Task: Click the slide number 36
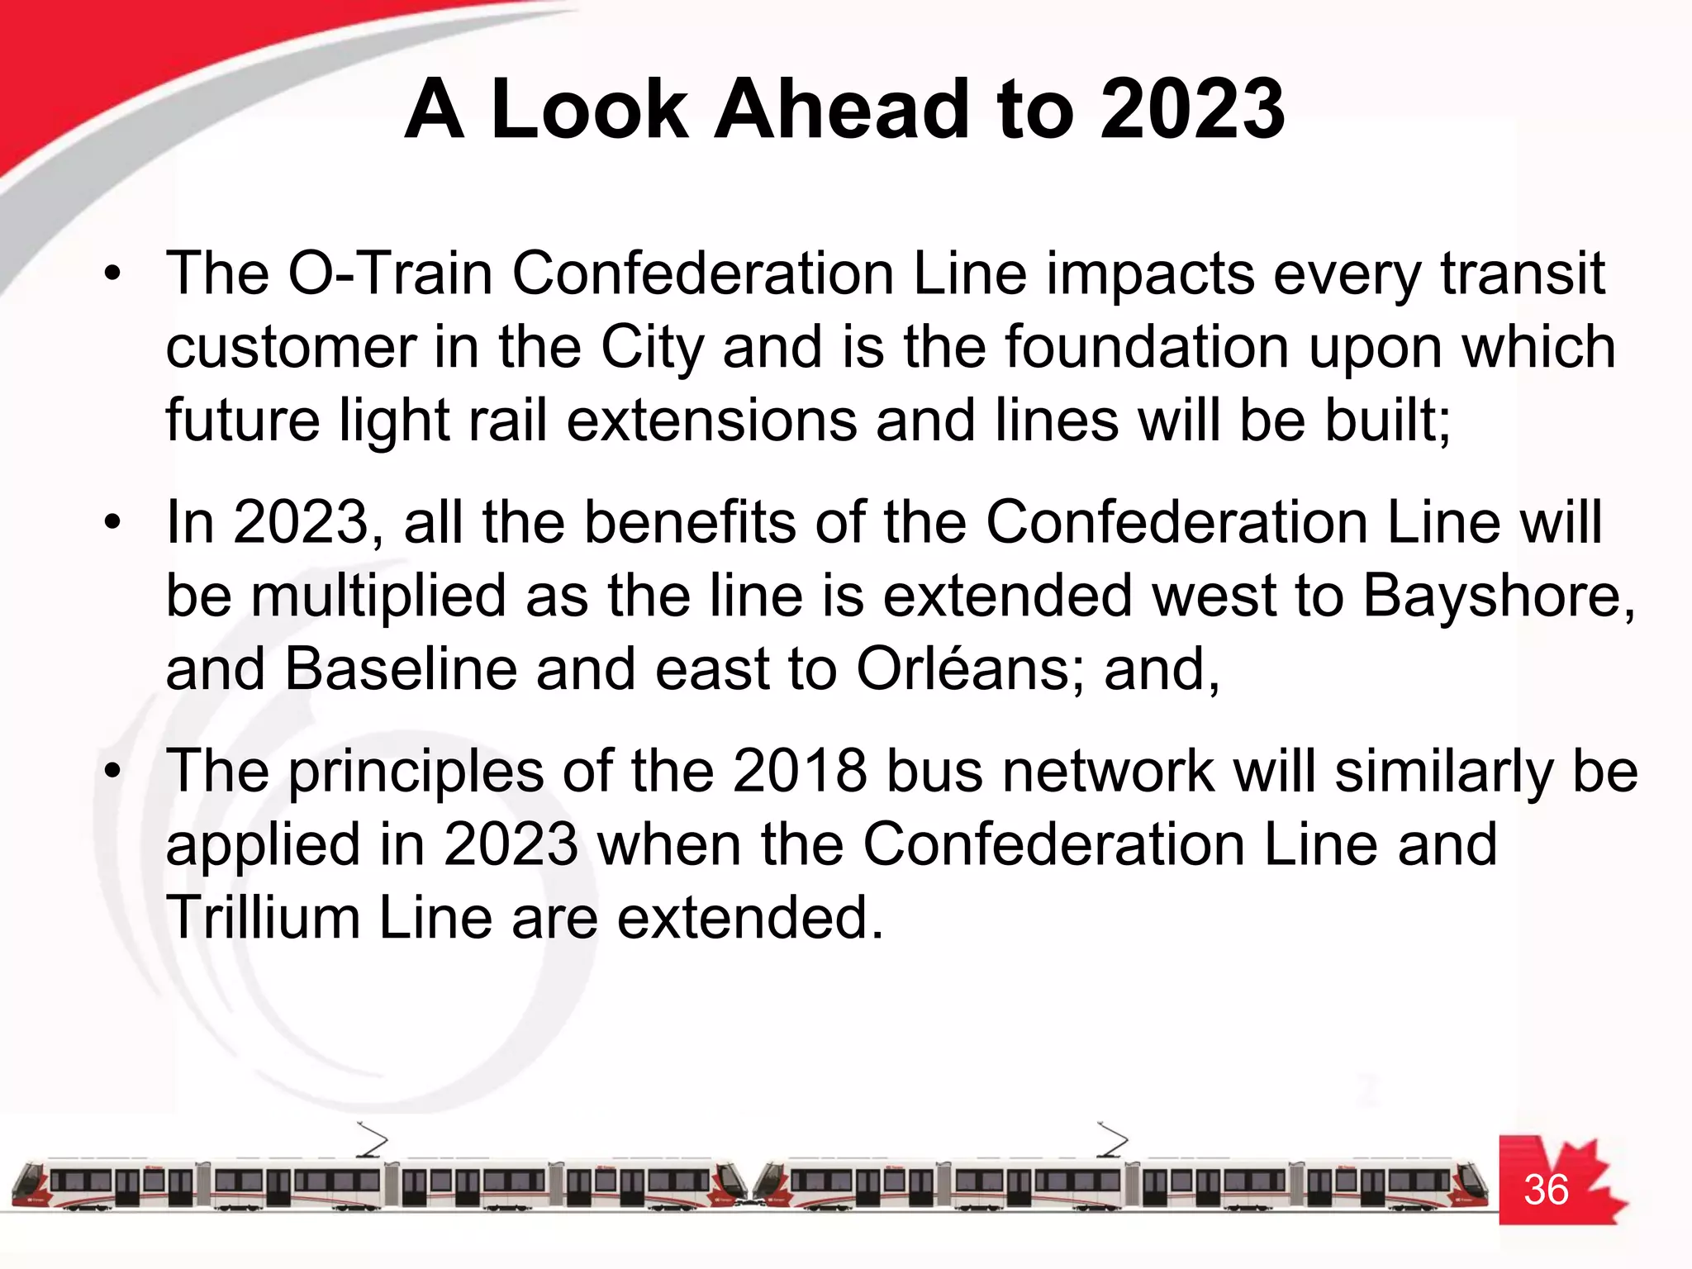[1546, 1190]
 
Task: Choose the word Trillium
[263, 918]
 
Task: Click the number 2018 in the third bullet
[799, 771]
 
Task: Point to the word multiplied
[378, 596]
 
